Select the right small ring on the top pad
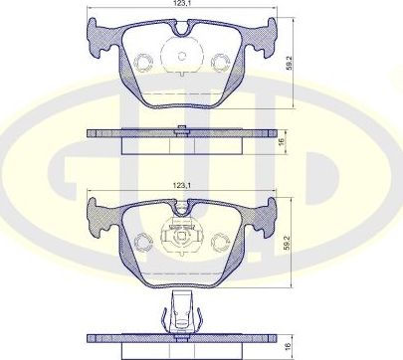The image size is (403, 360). [221, 62]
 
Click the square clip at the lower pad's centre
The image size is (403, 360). [181, 239]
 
